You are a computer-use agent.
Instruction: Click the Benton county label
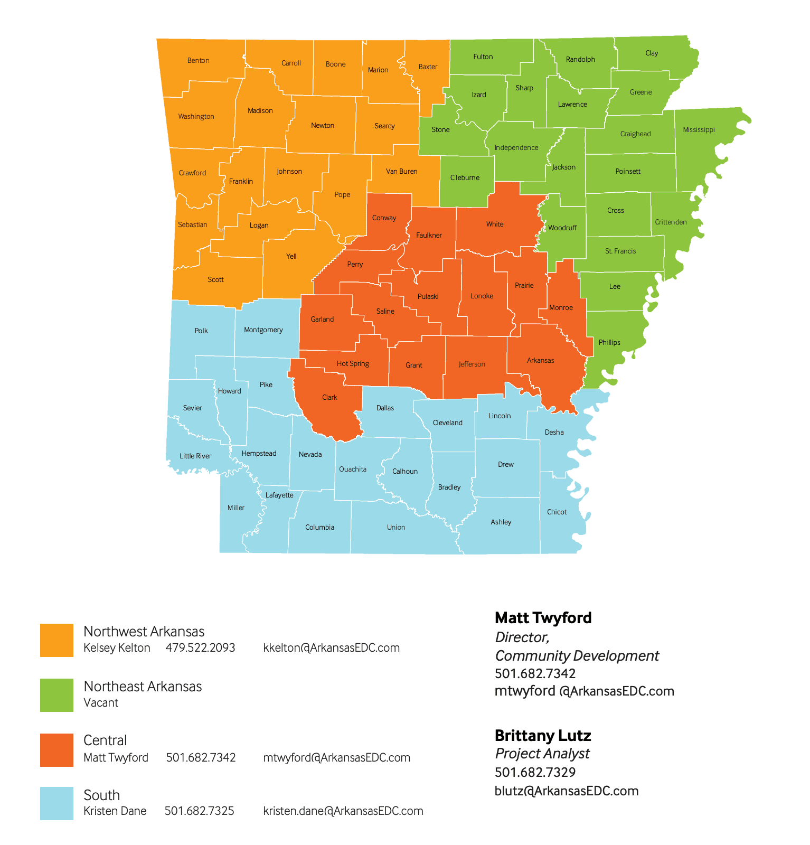coord(199,61)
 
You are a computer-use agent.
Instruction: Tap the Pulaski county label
coord(428,297)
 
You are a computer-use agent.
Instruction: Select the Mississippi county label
coord(699,130)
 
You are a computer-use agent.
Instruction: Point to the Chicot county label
coord(557,512)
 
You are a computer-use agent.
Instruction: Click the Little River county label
coord(195,456)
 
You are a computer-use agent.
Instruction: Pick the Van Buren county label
coord(401,172)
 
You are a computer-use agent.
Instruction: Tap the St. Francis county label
coord(620,251)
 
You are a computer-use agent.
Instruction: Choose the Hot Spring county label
coord(353,364)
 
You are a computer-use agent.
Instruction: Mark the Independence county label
coord(516,148)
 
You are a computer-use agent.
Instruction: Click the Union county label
coord(396,528)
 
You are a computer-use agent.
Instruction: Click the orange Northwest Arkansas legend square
coord(56,640)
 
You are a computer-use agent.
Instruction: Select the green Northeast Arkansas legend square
coord(56,695)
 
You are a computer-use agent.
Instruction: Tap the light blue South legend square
coord(56,803)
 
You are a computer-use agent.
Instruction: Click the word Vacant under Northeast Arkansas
coord(101,703)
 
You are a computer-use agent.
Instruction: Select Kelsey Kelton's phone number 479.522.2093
coord(200,648)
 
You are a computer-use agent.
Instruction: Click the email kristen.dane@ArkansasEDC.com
coord(343,811)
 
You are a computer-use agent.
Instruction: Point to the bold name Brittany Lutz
coord(542,736)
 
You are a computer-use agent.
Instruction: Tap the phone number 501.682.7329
coord(535,773)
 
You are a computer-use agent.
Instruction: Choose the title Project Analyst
coord(542,754)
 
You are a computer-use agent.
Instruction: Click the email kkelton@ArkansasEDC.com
coord(331,648)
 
